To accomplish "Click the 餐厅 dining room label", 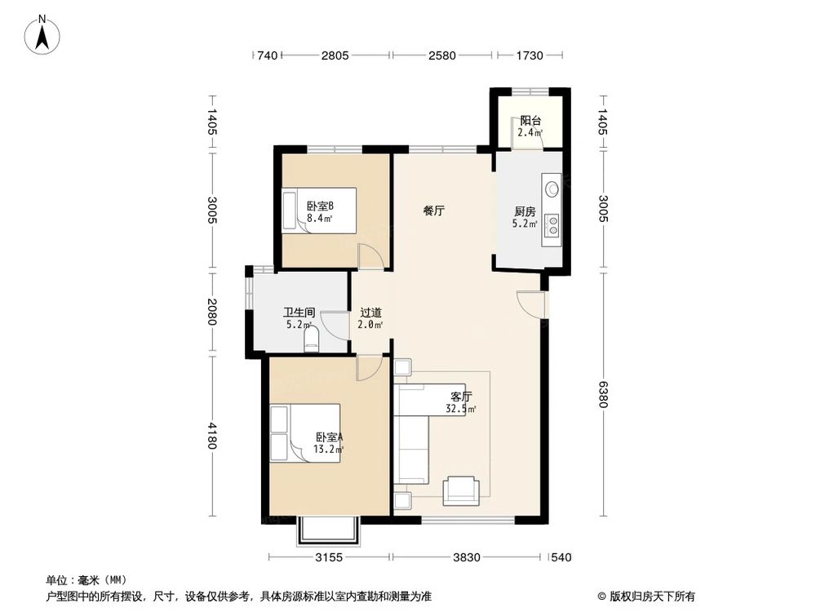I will click(x=433, y=210).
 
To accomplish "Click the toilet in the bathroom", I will click(x=310, y=339).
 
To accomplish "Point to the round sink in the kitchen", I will click(x=552, y=188).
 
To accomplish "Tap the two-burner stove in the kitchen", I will click(x=552, y=224).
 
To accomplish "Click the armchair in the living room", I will click(x=461, y=490).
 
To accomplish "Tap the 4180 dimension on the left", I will click(x=211, y=437).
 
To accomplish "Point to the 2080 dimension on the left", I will click(x=211, y=313).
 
